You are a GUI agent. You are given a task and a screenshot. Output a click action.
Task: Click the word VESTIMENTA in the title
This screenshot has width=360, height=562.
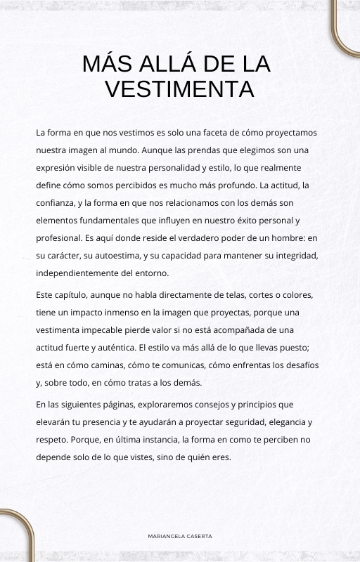[179, 89]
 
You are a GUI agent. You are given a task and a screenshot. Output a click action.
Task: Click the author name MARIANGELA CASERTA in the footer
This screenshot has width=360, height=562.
[180, 536]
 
